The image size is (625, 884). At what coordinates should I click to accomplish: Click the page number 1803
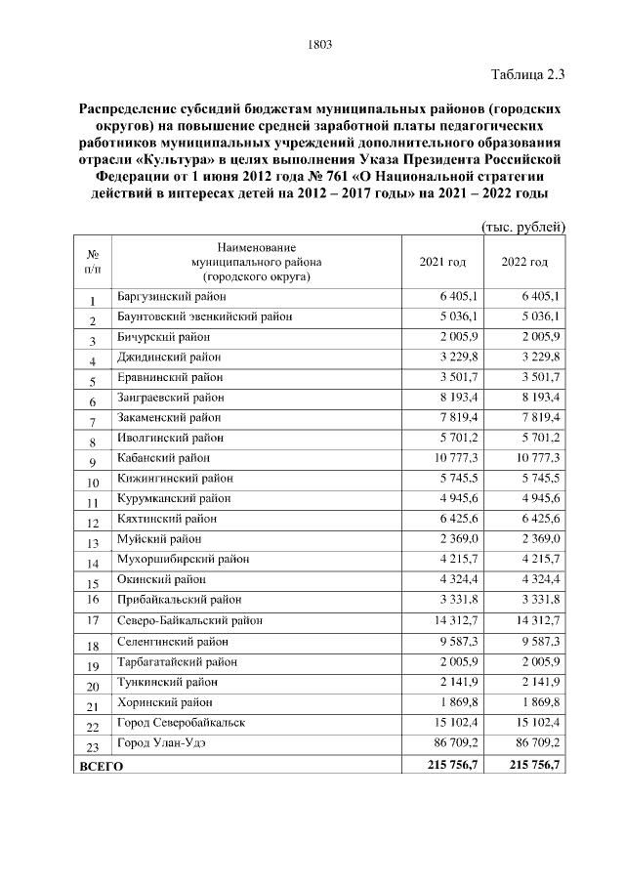coord(320,44)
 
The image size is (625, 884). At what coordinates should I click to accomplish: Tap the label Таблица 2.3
coord(528,72)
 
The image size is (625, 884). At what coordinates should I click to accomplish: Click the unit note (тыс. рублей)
coord(524,227)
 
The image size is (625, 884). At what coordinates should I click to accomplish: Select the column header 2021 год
coord(442,262)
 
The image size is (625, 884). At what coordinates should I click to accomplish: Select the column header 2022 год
coord(524,262)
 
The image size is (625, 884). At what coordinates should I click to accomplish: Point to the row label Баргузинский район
coord(171,296)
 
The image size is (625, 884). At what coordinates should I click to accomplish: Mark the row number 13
coord(93,542)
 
